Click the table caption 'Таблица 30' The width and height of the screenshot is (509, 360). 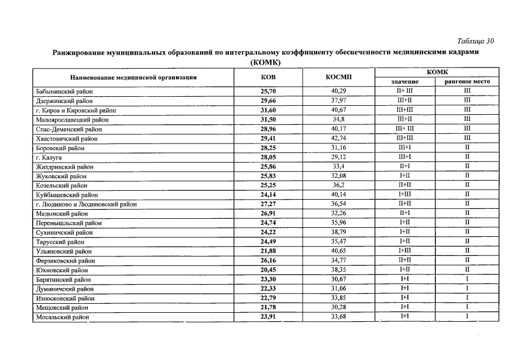coord(476,41)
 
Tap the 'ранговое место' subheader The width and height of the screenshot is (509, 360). coord(467,82)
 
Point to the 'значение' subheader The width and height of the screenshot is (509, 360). coord(404,82)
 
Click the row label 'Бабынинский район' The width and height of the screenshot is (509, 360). coord(64,91)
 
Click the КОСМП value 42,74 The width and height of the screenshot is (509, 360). coord(339,138)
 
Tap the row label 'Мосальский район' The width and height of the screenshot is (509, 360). coord(62,318)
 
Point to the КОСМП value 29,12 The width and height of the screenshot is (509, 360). coord(339,157)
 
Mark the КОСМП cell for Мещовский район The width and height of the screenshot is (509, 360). coord(339,308)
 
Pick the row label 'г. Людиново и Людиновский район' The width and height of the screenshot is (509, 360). coord(86,205)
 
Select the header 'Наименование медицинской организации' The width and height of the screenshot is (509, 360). coord(133,77)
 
